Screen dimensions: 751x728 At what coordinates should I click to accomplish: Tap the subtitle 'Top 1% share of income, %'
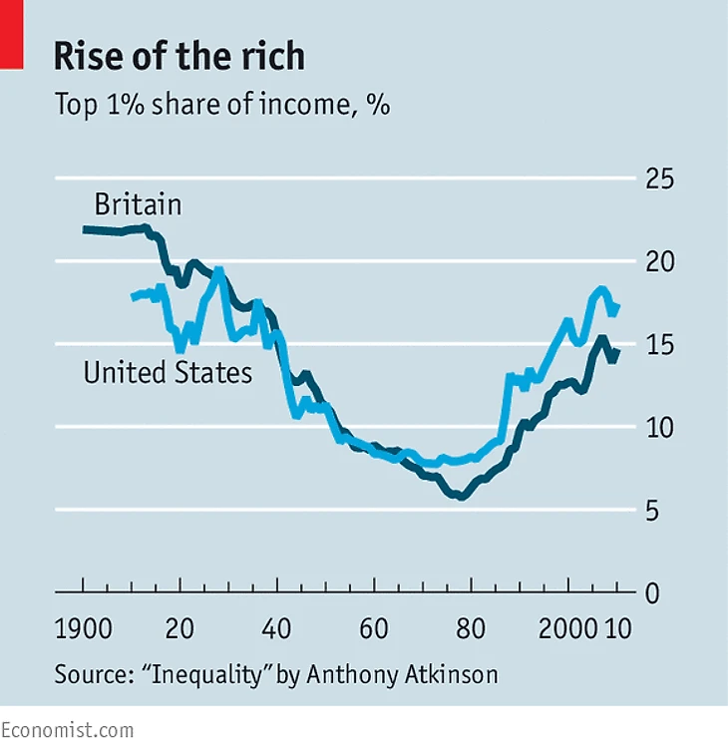221,105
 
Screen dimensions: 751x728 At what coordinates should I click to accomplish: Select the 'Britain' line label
138,205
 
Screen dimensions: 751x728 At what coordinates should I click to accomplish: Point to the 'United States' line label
167,374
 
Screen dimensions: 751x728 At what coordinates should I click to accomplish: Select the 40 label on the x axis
277,630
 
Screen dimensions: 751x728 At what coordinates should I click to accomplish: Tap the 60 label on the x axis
374,630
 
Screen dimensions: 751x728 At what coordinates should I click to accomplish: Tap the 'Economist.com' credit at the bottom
67,731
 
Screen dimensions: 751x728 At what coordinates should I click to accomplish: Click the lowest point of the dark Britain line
461,496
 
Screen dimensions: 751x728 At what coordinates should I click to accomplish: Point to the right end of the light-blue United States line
618,306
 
